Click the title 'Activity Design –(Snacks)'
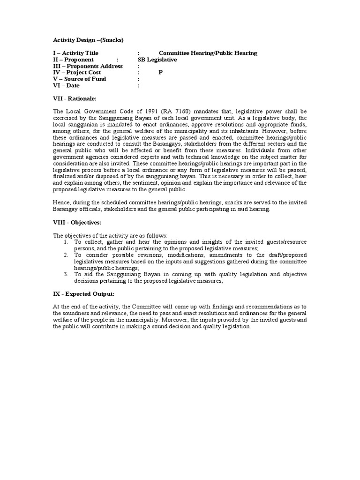click(88, 40)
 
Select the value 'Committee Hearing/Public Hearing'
click(208, 53)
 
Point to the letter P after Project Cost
click(160, 73)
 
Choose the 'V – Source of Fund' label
click(79, 79)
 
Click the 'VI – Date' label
click(66, 86)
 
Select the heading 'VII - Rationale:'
click(75, 98)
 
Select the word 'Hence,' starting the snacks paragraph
click(62, 202)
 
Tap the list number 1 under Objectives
click(66, 241)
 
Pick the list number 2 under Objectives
click(66, 255)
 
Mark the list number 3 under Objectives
click(66, 274)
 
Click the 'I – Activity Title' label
click(75, 53)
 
